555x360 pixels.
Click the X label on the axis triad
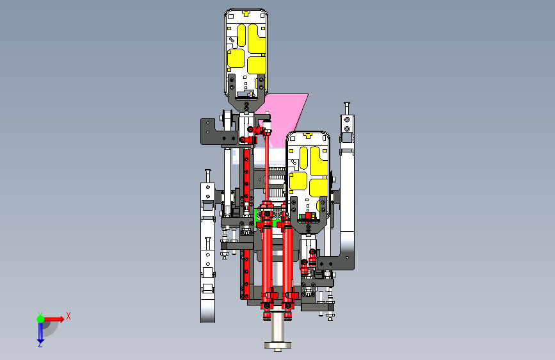pos(68,316)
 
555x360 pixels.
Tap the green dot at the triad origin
pos(40,319)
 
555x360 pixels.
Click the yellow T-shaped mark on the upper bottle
pos(246,13)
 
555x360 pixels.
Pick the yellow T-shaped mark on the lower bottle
pos(308,135)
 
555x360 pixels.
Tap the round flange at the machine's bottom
pos(278,345)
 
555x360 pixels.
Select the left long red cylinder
pos(267,261)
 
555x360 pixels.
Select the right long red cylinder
pos(287,261)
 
